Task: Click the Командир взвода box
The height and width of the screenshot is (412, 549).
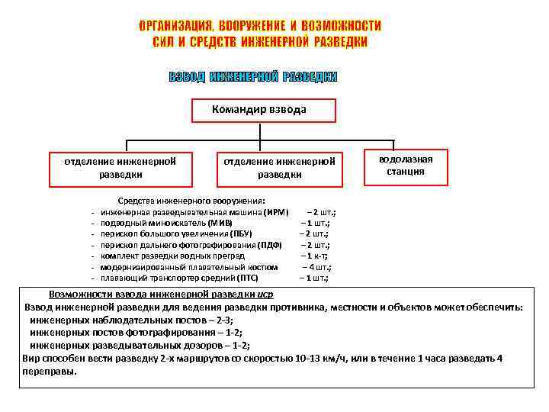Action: pos(259,110)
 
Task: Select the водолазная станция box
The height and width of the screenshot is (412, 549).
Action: pos(406,166)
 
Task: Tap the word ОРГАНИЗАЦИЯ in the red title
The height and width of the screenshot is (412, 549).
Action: pos(181,26)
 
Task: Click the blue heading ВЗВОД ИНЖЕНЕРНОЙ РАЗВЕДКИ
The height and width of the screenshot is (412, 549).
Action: pos(252,78)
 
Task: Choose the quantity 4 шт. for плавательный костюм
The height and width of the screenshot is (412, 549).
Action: pos(318,267)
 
